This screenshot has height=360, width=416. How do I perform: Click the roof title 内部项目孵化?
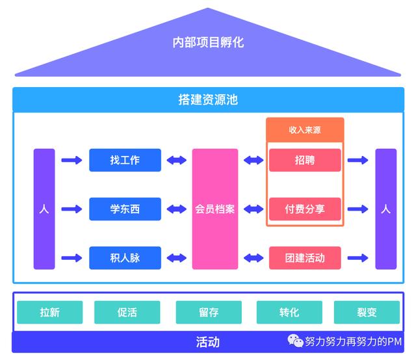tap(208, 43)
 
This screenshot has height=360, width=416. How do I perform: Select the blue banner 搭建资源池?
tap(208, 99)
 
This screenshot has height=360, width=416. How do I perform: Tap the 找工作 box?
tap(125, 160)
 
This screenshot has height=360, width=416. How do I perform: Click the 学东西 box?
tap(125, 209)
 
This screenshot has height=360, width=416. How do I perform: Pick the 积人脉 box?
tap(125, 258)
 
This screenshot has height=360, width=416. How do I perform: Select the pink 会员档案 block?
tap(215, 209)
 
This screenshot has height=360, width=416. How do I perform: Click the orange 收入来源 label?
tap(305, 129)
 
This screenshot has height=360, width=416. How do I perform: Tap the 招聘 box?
tap(305, 160)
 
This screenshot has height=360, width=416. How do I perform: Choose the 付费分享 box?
tap(305, 209)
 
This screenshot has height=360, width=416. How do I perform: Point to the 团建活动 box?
tap(305, 258)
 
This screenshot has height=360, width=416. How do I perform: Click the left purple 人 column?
tap(44, 209)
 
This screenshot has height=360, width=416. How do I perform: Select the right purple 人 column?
tap(385, 209)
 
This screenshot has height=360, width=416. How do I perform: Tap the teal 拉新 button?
tap(49, 313)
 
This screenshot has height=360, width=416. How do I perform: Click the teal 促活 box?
tap(127, 313)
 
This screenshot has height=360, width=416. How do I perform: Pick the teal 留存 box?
tap(209, 313)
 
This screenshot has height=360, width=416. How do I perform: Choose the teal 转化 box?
tap(289, 313)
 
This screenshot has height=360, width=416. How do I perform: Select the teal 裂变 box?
tap(367, 313)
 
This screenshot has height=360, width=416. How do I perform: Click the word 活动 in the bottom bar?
tap(208, 342)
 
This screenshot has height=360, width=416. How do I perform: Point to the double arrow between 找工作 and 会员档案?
tap(176, 160)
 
